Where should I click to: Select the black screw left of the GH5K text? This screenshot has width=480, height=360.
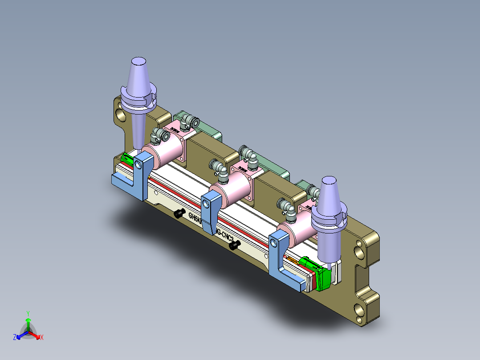[x=179, y=213]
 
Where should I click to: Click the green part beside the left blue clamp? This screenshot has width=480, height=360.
[x=127, y=158]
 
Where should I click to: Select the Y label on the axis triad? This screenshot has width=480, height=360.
[x=28, y=313]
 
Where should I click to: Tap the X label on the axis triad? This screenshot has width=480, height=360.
[x=42, y=338]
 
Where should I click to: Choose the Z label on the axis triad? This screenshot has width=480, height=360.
[x=15, y=338]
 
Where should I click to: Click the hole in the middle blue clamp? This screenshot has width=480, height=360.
[x=207, y=203]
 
